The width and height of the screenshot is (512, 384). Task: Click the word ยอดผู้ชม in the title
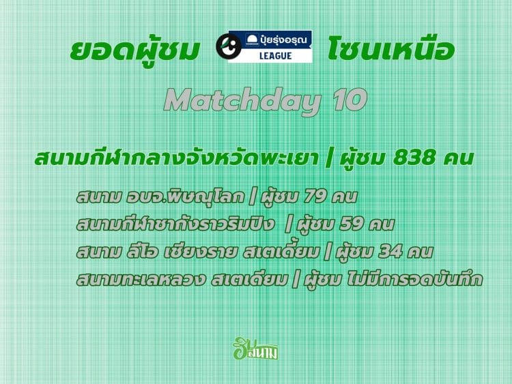pyautogui.click(x=134, y=50)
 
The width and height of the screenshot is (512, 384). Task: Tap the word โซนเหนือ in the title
pyautogui.click(x=391, y=49)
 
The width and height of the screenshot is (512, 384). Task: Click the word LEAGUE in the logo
pyautogui.click(x=275, y=56)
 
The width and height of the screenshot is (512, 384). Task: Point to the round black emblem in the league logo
pyautogui.click(x=229, y=46)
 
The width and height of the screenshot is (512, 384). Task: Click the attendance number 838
pyautogui.click(x=414, y=158)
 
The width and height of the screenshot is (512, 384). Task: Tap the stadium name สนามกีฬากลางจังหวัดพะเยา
pyautogui.click(x=176, y=158)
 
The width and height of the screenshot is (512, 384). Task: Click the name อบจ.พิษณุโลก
pyautogui.click(x=185, y=196)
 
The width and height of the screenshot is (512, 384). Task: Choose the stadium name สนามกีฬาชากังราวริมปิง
pyautogui.click(x=175, y=224)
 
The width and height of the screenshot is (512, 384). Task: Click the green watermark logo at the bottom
pyautogui.click(x=255, y=349)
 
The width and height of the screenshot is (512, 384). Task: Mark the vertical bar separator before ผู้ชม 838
pyautogui.click(x=329, y=158)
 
